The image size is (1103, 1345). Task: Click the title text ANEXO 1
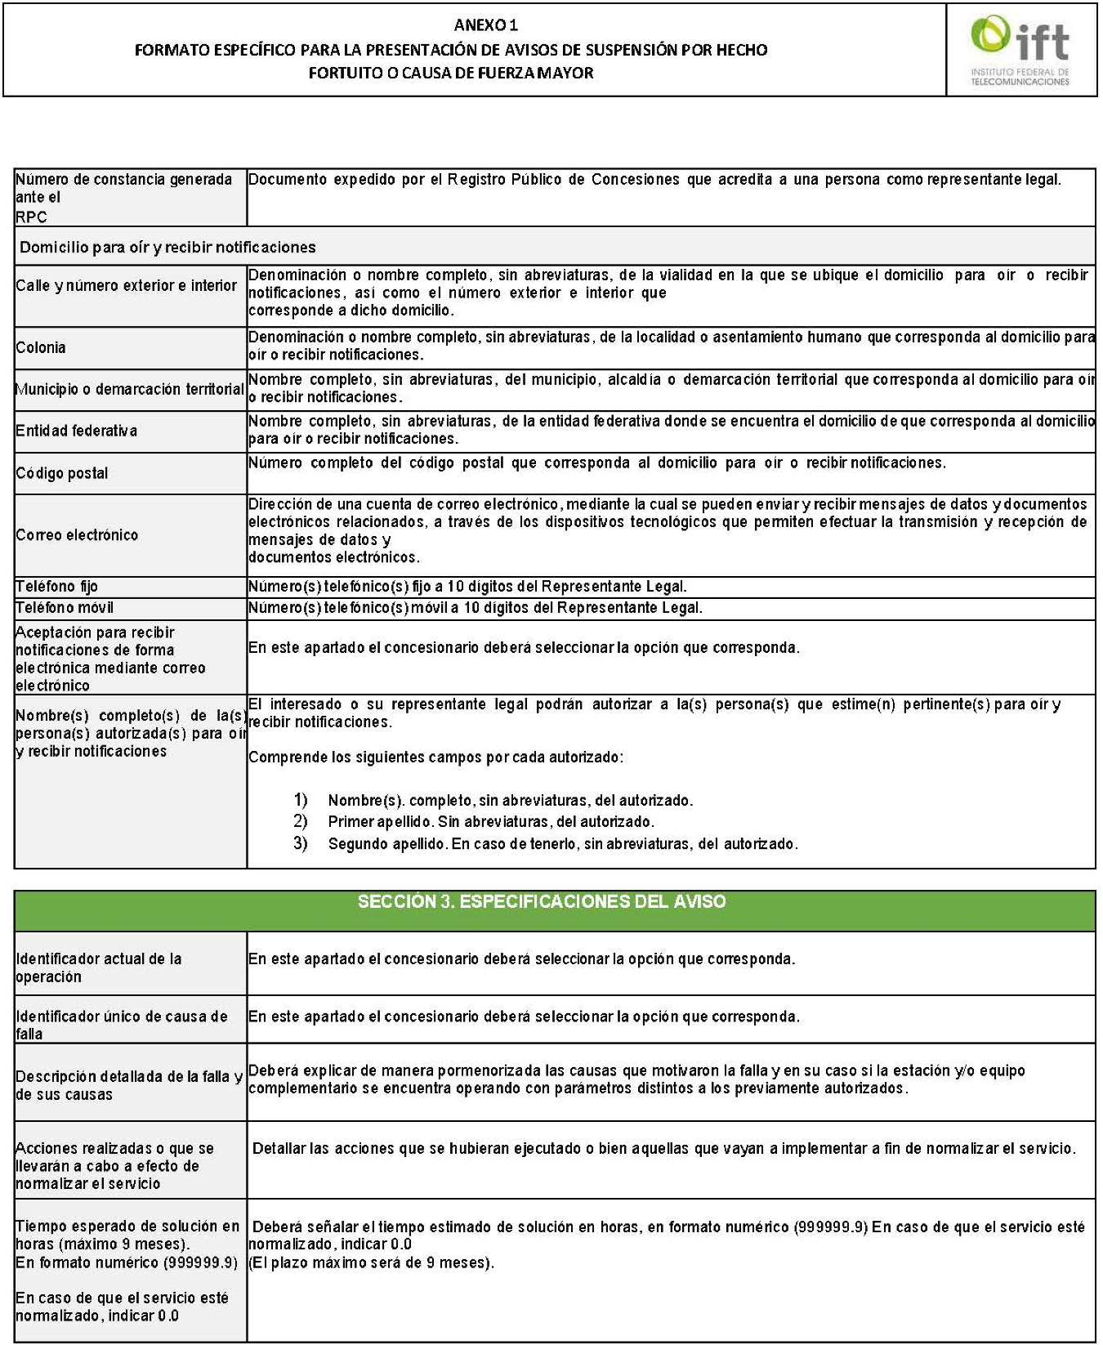486,25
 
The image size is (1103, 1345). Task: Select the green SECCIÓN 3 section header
542,902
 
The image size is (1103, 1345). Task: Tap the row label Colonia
41,347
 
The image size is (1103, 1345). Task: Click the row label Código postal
62,473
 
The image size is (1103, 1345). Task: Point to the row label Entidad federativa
77,431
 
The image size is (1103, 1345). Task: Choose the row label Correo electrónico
78,535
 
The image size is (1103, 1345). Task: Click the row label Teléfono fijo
57,587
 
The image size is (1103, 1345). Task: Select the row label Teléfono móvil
65,608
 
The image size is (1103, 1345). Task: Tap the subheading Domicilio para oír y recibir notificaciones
167,247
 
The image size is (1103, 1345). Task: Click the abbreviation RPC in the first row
31,217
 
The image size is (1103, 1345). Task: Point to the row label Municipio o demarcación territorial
130,390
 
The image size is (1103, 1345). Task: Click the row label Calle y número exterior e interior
127,285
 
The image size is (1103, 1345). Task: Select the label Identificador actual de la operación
98,967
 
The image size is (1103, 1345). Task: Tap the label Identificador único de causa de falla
121,1025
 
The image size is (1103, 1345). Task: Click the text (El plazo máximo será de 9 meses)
372,1262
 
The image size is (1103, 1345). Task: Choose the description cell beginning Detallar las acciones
663,1149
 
